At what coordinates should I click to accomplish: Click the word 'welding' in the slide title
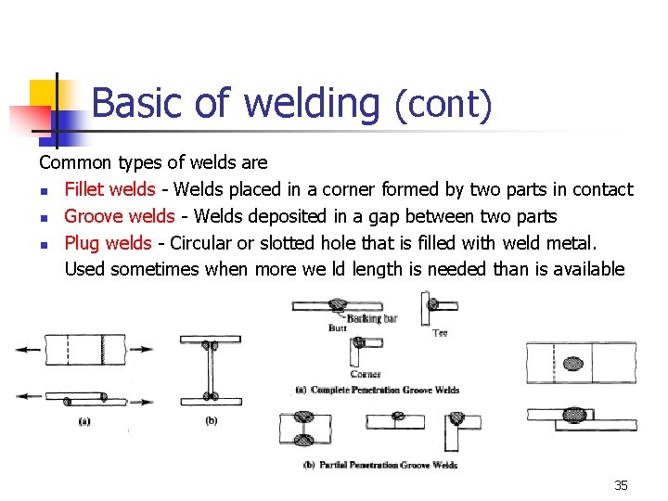[311, 104]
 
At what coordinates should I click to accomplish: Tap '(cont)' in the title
[443, 104]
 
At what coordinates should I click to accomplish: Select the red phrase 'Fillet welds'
[109, 189]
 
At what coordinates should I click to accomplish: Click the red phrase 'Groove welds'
[119, 216]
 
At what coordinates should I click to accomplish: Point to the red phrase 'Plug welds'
[108, 243]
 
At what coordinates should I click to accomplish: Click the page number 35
[621, 485]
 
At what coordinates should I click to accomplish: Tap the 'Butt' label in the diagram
[338, 328]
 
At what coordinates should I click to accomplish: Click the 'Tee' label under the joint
[441, 332]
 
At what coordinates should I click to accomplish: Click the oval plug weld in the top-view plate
[574, 363]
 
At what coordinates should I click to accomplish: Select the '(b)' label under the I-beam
[212, 420]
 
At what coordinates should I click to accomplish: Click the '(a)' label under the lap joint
[84, 420]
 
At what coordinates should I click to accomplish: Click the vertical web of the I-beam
[212, 371]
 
